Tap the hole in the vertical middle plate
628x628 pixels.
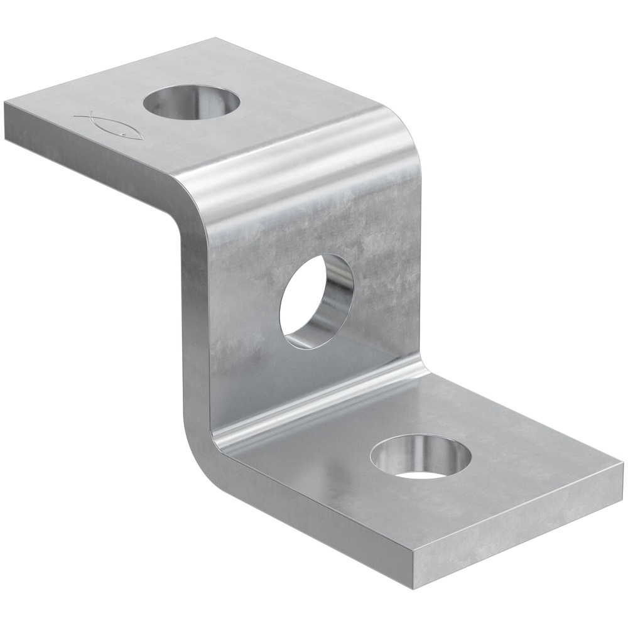(314, 301)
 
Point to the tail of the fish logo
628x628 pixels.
(82, 116)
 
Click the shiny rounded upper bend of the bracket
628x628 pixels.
(301, 157)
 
